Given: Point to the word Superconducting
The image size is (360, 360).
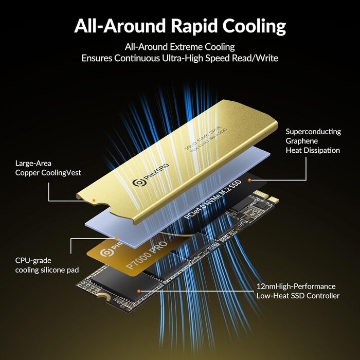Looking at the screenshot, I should click(x=313, y=132).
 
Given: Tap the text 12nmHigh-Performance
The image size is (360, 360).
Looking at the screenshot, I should click(x=296, y=286).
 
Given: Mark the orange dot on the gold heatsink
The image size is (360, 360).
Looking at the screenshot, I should click(x=94, y=199).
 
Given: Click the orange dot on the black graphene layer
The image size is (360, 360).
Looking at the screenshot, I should click(x=249, y=181).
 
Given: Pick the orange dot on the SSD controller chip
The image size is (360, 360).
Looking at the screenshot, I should click(x=138, y=290).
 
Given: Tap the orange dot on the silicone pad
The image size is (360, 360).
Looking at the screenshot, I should click(x=117, y=238).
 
